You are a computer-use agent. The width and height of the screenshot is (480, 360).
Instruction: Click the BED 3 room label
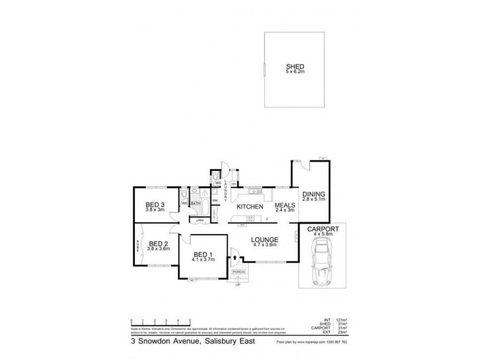(x=156, y=205)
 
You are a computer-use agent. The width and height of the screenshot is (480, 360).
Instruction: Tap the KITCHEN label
(x=250, y=206)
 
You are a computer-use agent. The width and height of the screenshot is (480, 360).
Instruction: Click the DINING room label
(x=314, y=194)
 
